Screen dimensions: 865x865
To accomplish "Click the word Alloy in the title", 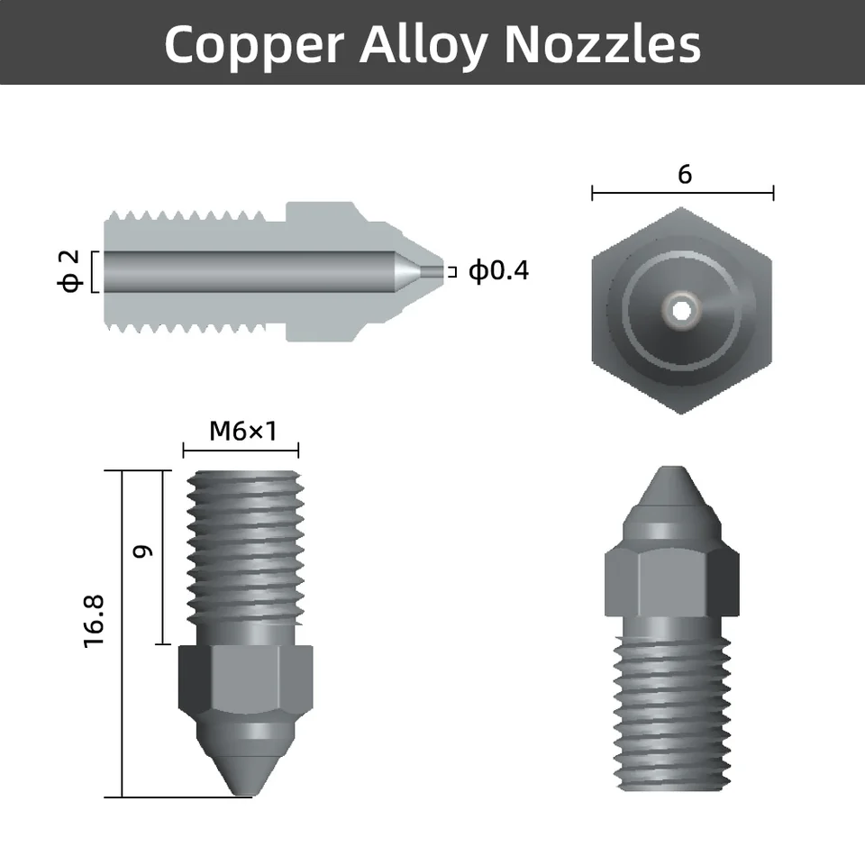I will [423, 43].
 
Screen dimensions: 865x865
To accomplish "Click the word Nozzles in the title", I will [602, 43].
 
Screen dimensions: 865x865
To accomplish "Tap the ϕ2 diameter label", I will [69, 271].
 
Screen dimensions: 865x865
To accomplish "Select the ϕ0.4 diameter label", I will [498, 270].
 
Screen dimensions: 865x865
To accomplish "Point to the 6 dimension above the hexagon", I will [684, 174].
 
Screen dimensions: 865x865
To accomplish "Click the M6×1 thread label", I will [241, 431].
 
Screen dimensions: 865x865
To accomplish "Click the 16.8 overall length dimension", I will [95, 619].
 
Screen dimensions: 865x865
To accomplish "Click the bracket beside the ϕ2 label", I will [93, 271].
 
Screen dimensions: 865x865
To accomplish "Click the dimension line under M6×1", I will [241, 451].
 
